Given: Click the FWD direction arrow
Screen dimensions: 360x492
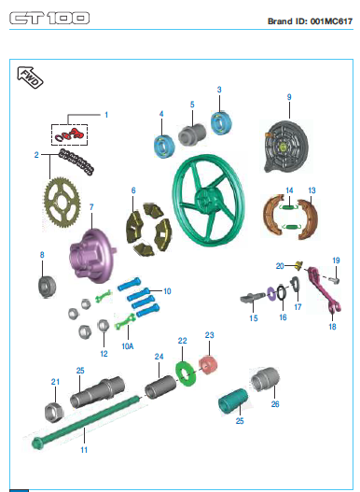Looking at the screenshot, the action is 30,77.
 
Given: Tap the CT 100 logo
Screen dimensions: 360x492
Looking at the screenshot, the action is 49,18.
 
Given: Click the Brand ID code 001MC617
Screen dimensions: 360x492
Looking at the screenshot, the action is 331,21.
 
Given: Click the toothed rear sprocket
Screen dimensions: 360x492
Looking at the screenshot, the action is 62,203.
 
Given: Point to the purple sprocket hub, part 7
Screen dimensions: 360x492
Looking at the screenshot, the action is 91,255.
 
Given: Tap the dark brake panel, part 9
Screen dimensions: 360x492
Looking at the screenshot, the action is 285,146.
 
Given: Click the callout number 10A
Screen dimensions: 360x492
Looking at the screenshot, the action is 128,346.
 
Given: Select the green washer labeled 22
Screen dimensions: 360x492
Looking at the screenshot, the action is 186,373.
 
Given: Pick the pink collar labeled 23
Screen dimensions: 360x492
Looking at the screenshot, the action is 208,365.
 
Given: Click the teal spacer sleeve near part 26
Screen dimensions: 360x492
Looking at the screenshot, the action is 232,402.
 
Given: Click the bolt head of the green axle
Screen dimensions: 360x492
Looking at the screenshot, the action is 37,443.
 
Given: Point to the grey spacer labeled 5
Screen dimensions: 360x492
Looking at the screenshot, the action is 192,134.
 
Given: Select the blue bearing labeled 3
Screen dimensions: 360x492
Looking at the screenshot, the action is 221,122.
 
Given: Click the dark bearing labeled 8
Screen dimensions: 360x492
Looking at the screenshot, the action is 47,287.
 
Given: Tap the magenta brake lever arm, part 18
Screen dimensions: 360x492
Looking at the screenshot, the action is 323,290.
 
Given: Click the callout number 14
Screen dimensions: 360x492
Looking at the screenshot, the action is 289,190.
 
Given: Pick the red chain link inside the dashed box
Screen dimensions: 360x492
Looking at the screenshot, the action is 76,134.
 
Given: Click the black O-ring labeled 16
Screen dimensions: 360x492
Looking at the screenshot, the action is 282,293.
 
